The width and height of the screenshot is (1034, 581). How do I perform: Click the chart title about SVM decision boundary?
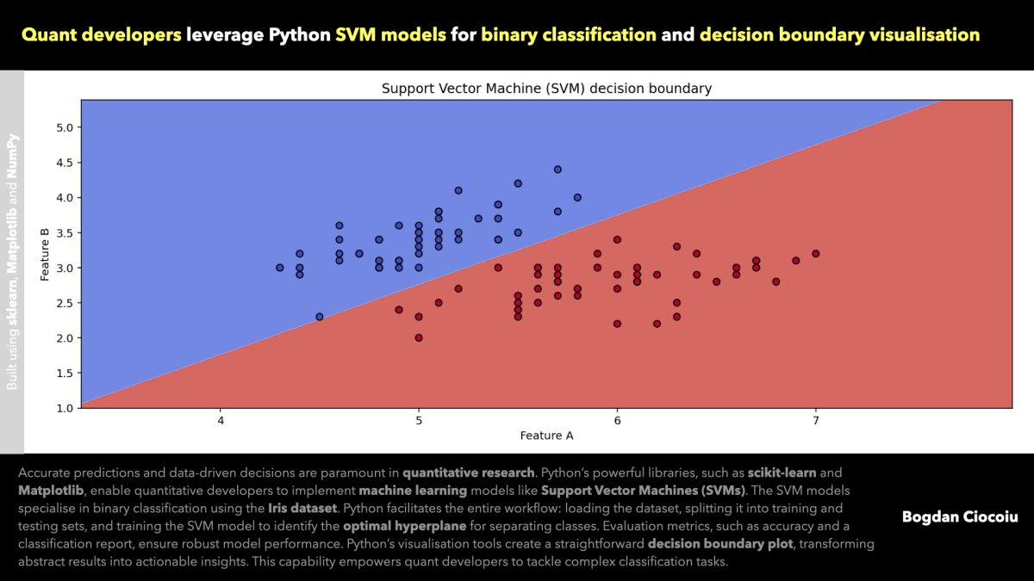point(546,89)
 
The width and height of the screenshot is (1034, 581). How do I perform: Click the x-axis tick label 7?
point(815,420)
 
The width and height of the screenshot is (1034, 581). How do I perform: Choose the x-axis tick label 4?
point(221,420)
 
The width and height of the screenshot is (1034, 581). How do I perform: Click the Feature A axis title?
point(546,436)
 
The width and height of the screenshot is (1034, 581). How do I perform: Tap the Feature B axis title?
point(45,253)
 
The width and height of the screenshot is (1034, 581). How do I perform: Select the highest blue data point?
point(557,170)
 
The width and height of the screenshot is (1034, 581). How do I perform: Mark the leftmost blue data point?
point(280,268)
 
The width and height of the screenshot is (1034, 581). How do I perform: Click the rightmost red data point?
point(816,254)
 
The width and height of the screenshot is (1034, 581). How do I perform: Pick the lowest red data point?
point(419,337)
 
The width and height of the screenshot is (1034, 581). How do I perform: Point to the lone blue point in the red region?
point(320,317)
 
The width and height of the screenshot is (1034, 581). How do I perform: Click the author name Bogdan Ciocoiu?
point(960,516)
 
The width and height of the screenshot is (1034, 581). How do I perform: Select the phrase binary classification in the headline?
point(569,35)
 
